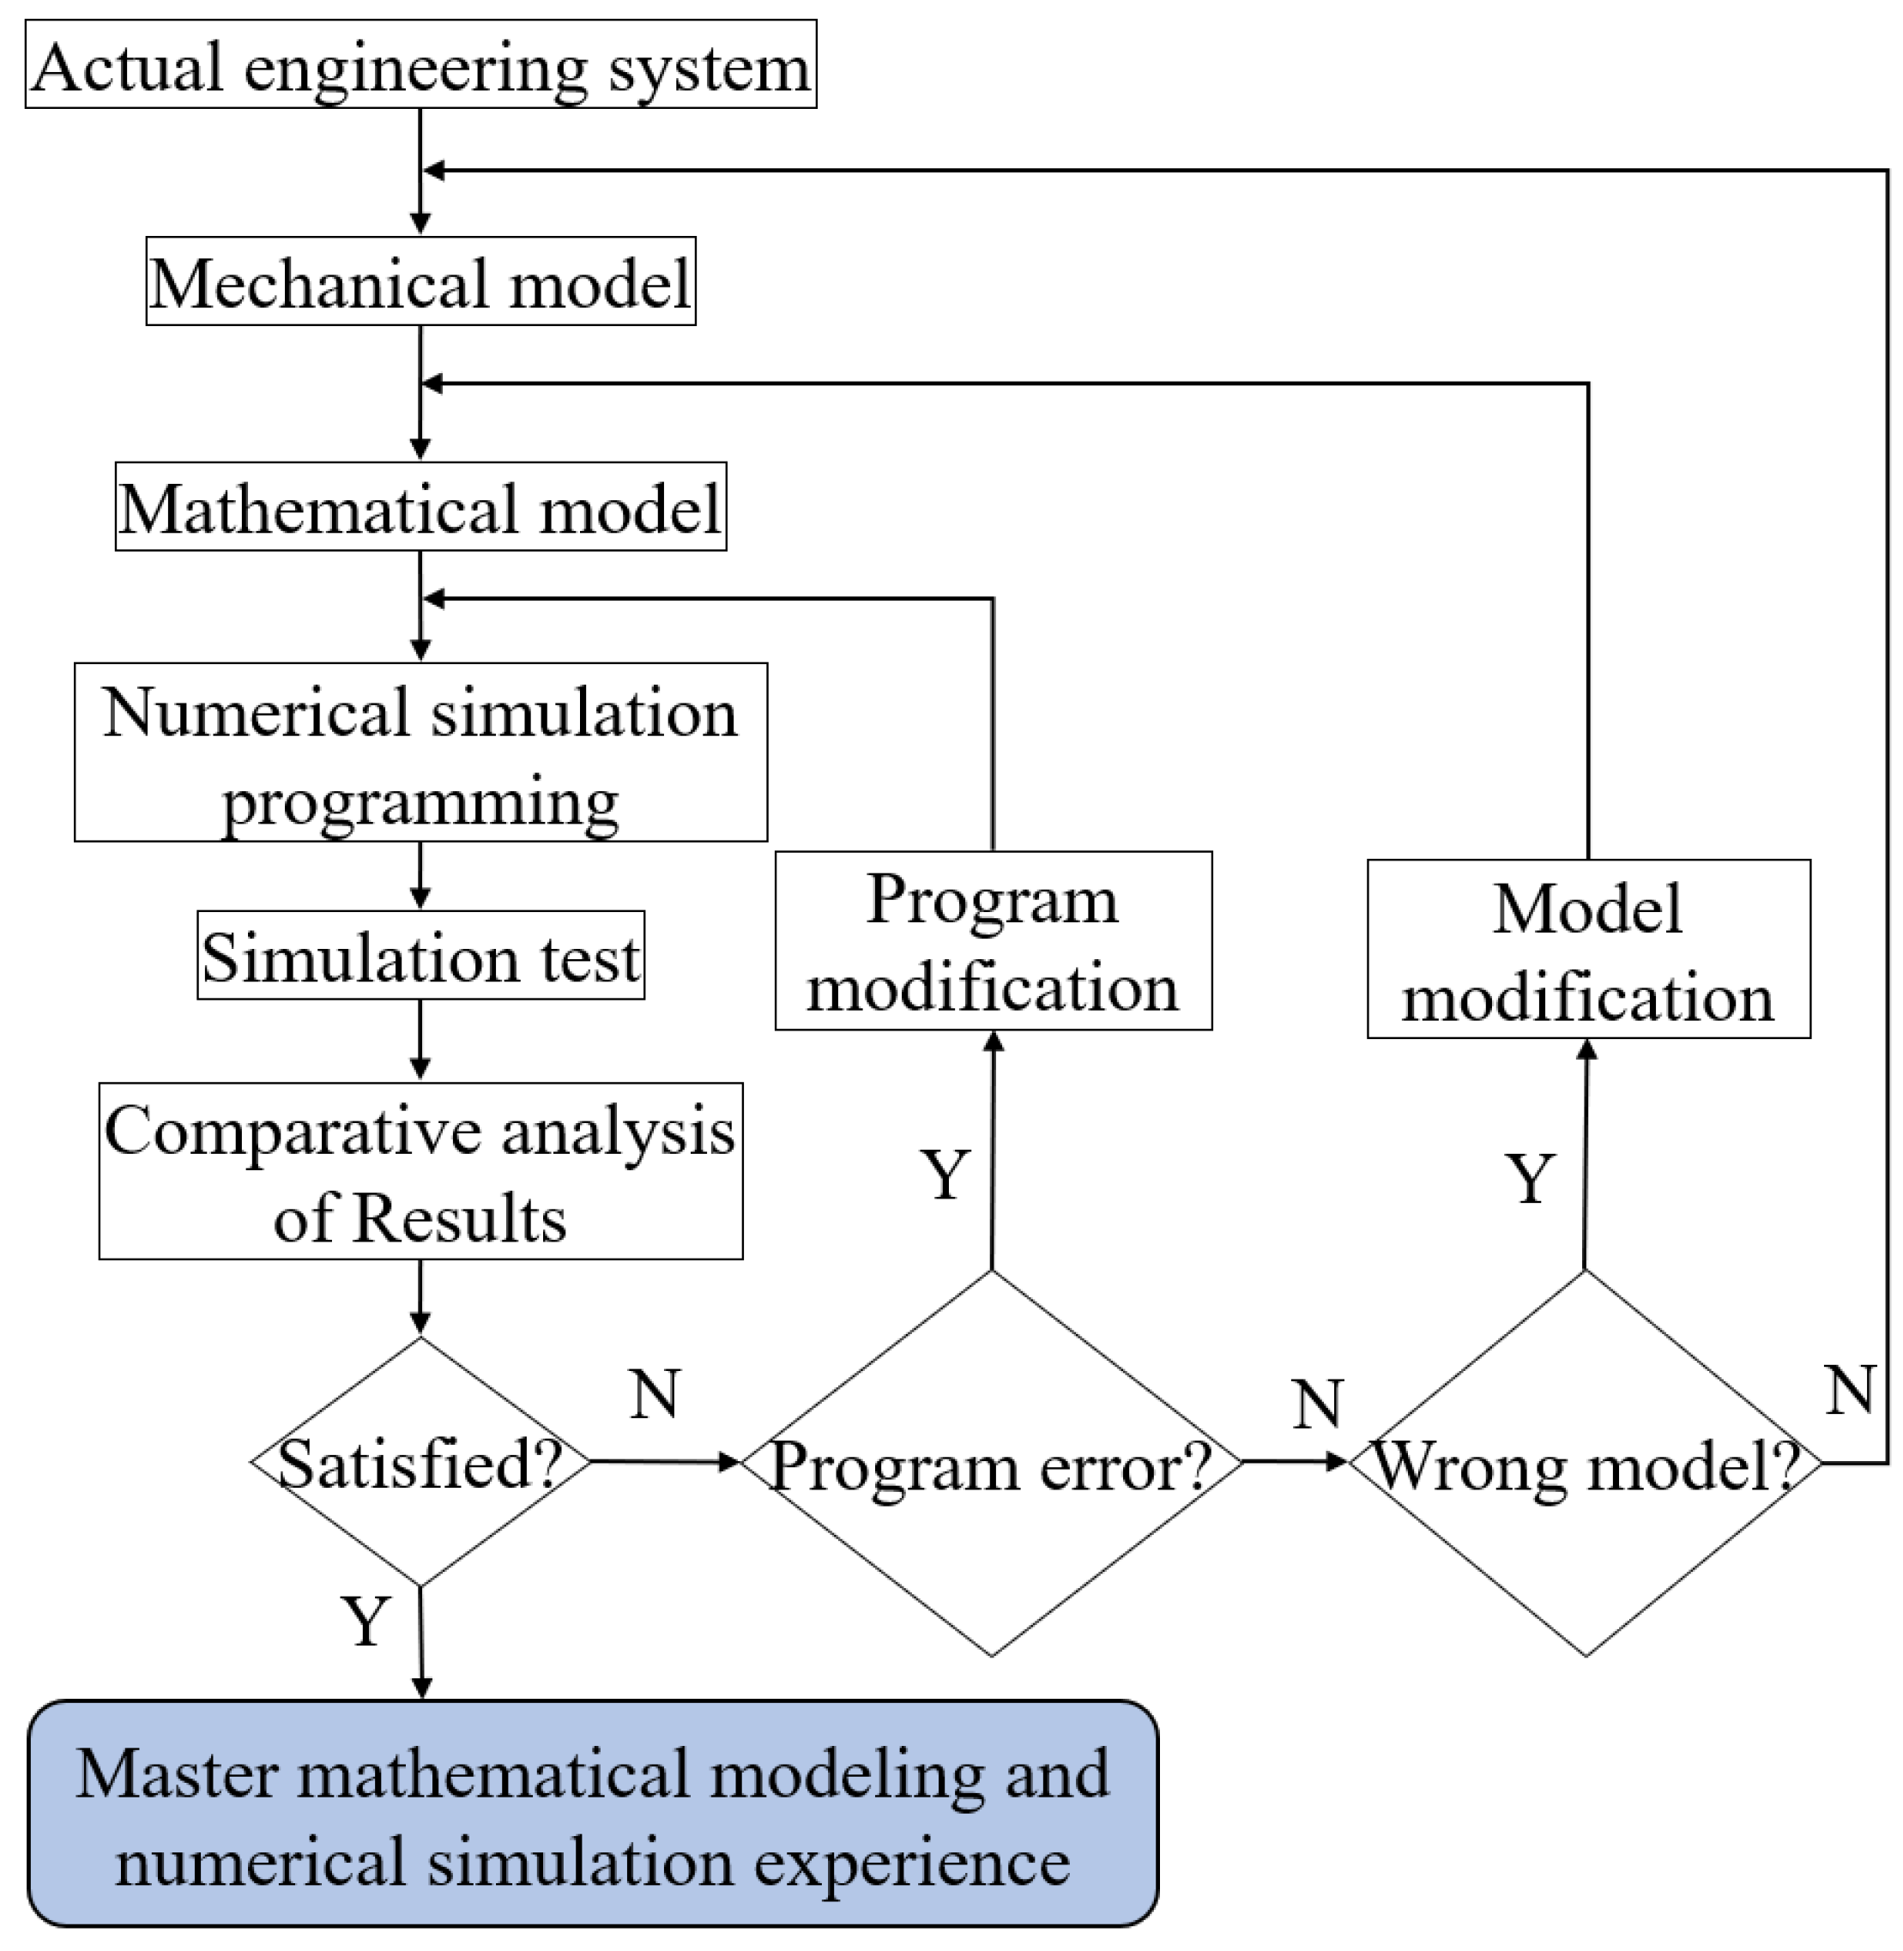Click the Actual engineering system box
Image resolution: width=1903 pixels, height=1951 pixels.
coord(420,65)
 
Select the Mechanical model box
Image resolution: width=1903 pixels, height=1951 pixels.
coord(420,282)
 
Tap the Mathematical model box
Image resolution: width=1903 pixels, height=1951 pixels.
coord(420,507)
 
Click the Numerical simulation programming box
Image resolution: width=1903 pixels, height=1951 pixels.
coord(420,752)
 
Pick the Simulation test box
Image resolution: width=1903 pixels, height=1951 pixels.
coord(420,956)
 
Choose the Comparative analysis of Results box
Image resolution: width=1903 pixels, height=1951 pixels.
coord(420,1171)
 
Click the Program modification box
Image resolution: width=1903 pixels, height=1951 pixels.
coord(994,941)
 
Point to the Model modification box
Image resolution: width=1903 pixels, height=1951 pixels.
coord(1588,950)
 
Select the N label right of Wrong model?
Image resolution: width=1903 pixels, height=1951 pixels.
coord(1849,1389)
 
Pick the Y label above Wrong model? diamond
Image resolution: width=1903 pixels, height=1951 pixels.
coord(1530,1180)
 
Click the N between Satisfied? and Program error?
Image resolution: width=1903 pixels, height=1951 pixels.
coord(655,1393)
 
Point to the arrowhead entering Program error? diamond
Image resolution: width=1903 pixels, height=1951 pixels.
coord(728,1462)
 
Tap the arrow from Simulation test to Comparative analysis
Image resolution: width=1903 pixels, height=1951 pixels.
coord(420,1041)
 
